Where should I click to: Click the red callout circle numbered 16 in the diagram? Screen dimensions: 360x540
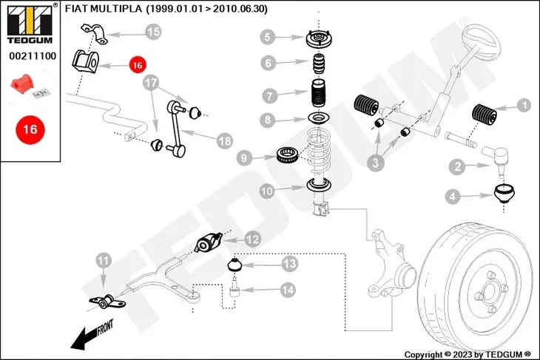[x=137, y=65]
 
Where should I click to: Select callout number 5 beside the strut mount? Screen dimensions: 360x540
[x=267, y=35]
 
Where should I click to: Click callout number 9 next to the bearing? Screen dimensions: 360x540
[x=245, y=157]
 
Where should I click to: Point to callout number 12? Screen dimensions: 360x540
[x=253, y=239]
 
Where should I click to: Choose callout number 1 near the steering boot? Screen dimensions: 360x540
[x=524, y=106]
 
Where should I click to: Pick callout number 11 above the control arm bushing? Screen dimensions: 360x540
[x=104, y=260]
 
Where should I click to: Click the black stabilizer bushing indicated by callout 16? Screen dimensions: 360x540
[x=87, y=59]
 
